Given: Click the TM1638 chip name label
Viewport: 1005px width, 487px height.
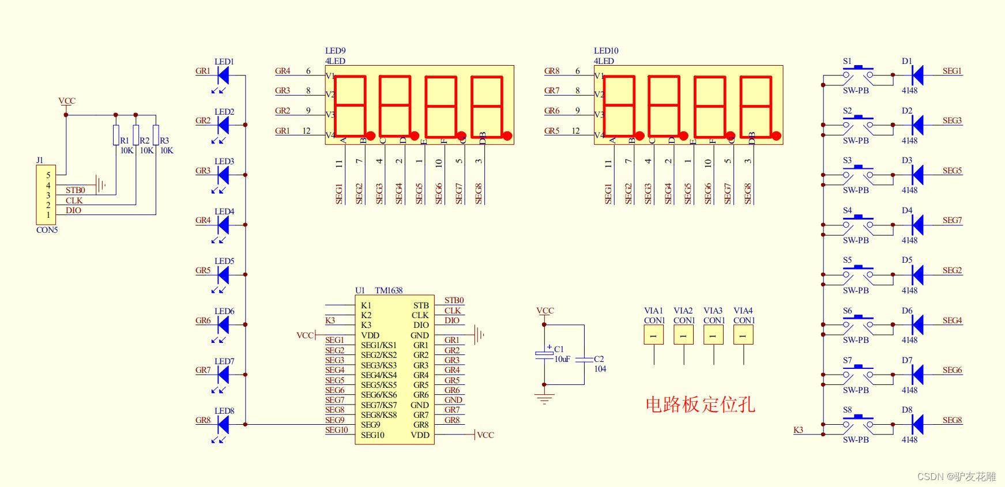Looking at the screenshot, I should point(389,290).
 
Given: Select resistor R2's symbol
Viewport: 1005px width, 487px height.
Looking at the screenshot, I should point(136,135).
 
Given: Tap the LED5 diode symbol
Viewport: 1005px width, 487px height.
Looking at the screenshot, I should point(223,275).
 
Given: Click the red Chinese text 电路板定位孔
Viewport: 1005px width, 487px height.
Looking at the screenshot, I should point(700,405).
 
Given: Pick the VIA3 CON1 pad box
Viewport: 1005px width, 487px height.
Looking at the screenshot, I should point(713,335).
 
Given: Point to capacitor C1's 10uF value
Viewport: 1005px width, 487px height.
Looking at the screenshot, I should point(562,359).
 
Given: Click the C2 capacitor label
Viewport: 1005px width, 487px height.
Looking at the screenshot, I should point(599,359).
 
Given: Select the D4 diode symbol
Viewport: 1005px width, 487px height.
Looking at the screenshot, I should point(917,224).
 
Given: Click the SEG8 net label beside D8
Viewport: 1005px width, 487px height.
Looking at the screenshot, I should point(952,420).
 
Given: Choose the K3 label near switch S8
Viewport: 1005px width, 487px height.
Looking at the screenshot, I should point(798,430).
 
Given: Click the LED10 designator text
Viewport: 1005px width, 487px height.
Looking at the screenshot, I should point(606,51).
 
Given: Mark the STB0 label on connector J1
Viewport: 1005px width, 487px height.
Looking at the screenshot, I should point(75,190).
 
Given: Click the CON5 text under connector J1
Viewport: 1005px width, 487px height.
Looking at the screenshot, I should point(47,230).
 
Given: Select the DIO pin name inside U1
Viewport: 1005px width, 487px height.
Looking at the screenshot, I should point(421,325).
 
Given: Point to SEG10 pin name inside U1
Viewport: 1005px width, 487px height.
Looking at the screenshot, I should point(372,435).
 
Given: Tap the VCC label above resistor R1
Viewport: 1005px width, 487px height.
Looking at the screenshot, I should point(67,101).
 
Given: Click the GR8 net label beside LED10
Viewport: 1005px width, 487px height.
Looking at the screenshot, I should point(552,71).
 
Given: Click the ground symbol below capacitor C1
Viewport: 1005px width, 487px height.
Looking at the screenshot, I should point(544,398).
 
